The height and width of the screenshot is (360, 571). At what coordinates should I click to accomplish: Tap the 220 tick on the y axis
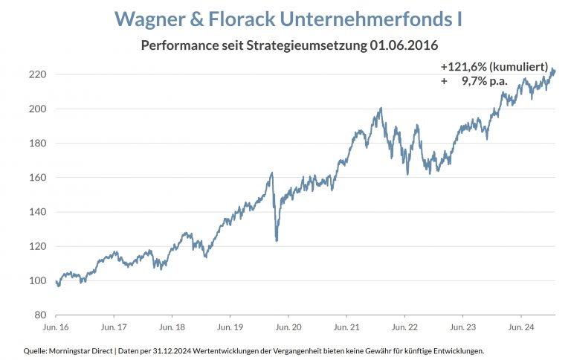[39, 74]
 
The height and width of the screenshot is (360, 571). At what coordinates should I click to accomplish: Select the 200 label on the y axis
[39, 109]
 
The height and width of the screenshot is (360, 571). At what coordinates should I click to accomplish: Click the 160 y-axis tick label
[39, 178]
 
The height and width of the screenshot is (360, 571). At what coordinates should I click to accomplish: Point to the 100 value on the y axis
[39, 280]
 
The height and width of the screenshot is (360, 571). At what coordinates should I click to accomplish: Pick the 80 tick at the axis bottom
[41, 315]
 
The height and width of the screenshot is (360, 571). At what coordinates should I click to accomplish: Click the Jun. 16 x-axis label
[56, 327]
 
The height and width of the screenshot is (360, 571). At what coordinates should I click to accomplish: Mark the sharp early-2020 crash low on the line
[277, 240]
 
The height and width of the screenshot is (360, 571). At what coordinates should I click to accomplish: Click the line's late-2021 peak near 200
[381, 109]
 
